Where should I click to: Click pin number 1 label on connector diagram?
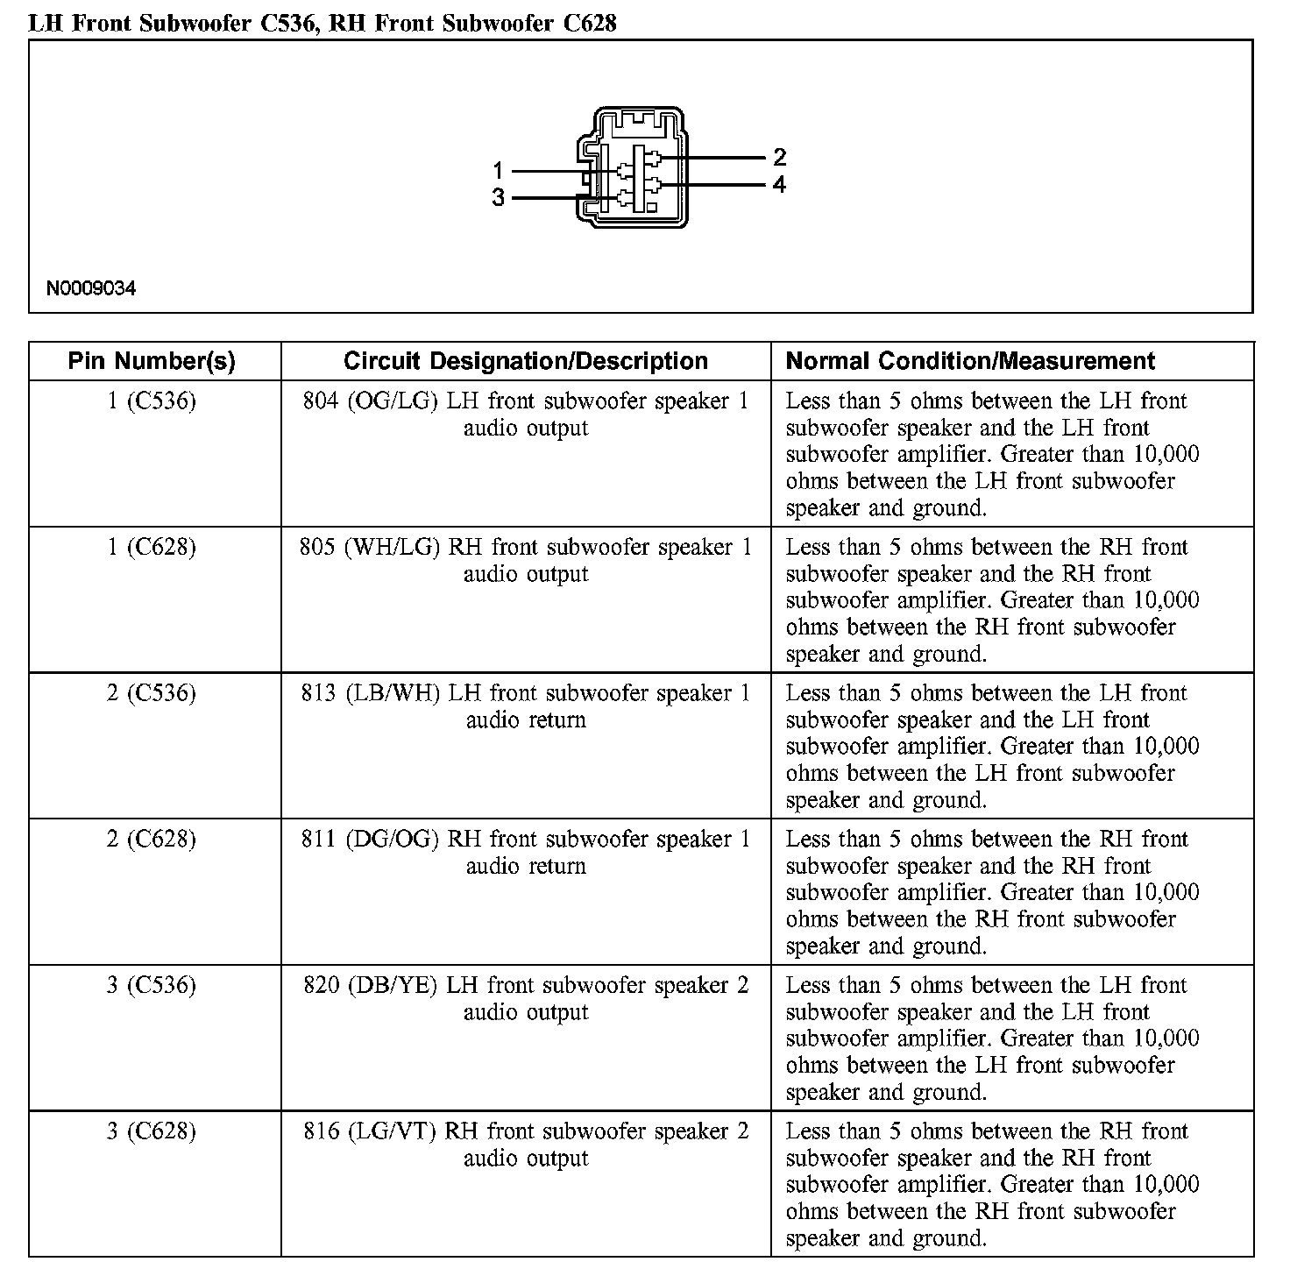(498, 171)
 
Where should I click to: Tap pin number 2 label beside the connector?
(779, 158)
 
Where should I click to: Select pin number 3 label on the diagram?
(498, 198)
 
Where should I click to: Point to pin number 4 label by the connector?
(779, 185)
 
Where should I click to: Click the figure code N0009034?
(91, 288)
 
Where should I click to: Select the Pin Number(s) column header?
(152, 361)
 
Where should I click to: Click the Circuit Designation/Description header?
(526, 361)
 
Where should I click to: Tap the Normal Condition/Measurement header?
(970, 361)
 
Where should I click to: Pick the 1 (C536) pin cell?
(152, 401)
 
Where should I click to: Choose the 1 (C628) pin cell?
(152, 548)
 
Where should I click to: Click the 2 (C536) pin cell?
(152, 694)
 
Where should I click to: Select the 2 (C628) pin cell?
(152, 840)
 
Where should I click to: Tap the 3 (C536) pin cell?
(152, 986)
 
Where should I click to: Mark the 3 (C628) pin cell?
(152, 1132)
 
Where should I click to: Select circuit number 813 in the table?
(319, 694)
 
